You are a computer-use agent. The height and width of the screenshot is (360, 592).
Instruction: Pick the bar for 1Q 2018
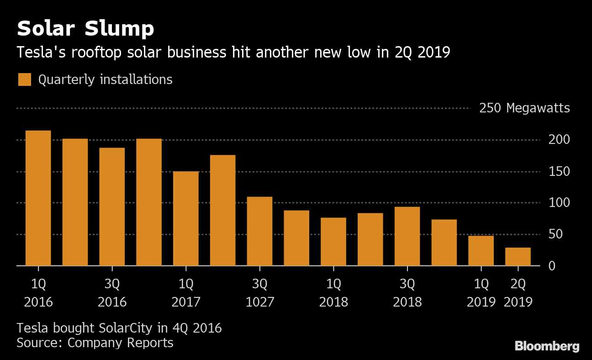(333, 242)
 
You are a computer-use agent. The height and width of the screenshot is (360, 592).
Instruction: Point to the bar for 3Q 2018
(407, 236)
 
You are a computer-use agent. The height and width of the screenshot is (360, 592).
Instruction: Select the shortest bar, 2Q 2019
(518, 256)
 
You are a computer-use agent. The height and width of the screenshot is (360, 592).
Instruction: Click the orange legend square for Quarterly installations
(25, 79)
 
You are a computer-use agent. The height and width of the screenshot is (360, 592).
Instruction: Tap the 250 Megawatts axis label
(524, 108)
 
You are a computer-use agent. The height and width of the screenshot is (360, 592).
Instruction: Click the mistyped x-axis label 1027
(259, 302)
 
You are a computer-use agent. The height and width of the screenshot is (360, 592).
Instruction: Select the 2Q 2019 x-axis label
(518, 293)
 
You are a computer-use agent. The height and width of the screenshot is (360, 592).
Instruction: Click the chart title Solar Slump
(85, 29)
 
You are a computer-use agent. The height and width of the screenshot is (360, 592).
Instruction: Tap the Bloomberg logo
(547, 346)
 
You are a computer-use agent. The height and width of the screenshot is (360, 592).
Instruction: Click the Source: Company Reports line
(95, 343)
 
